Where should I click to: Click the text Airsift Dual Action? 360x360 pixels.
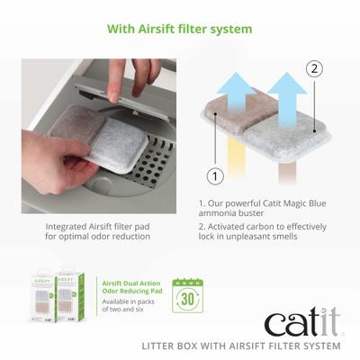coord(125,280)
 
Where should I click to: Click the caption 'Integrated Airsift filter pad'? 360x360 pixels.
coord(93,226)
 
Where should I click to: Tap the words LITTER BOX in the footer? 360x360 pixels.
coord(174,346)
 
